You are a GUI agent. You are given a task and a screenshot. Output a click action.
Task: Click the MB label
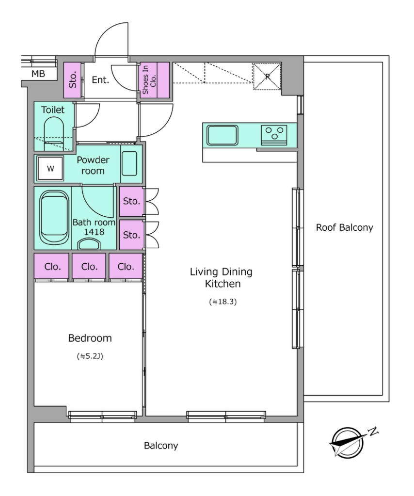38,74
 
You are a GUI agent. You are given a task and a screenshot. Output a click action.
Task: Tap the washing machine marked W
50,168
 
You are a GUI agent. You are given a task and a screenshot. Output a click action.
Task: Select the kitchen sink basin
223,135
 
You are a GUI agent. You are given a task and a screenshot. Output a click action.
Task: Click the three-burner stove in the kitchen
274,135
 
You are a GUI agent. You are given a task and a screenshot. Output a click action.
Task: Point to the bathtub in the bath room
54,217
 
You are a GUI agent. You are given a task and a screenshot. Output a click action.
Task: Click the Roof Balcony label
344,227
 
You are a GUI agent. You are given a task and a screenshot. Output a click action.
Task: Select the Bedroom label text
90,338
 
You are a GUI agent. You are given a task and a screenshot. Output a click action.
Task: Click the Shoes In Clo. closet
155,80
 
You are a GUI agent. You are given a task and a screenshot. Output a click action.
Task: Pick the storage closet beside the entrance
72,80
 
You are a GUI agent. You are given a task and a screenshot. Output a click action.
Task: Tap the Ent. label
100,80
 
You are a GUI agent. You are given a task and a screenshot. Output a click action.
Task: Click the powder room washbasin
129,163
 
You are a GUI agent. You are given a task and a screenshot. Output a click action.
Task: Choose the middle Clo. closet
89,266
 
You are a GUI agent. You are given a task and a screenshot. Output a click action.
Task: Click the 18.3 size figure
223,302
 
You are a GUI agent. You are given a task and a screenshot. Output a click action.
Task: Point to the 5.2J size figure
90,356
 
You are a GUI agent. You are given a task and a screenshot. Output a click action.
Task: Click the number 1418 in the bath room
94,232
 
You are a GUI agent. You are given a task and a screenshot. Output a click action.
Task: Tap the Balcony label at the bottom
161,446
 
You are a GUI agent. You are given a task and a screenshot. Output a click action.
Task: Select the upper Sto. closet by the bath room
131,201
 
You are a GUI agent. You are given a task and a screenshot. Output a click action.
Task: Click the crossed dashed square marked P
267,77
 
